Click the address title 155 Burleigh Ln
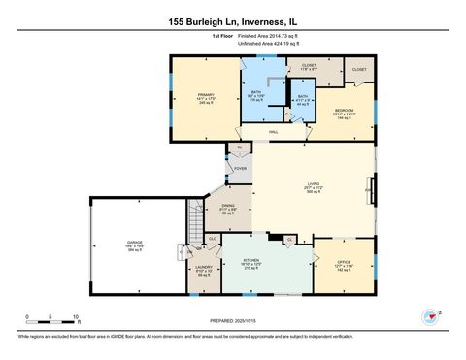233,19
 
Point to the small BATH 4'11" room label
302,97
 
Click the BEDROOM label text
345,111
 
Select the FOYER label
240,168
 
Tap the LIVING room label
314,186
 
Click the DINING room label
228,205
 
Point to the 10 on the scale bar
76,316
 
